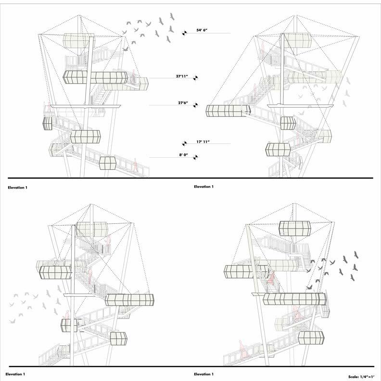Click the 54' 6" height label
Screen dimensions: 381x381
pyautogui.click(x=202, y=30)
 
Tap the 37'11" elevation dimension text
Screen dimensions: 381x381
pyautogui.click(x=182, y=76)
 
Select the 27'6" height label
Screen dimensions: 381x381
pyautogui.click(x=183, y=103)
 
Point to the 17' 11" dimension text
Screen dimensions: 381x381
pyautogui.click(x=203, y=141)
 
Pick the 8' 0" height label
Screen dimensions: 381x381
pyautogui.click(x=183, y=155)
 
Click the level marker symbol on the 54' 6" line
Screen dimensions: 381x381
pyautogui.click(x=185, y=33)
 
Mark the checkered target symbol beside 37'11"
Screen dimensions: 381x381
pyautogui.click(x=195, y=78)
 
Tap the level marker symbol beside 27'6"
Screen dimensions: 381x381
pyautogui.click(x=195, y=105)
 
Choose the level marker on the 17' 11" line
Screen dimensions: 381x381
pyautogui.click(x=184, y=144)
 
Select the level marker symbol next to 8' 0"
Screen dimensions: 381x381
pyautogui.click(x=195, y=157)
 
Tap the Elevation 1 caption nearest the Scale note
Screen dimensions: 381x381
pyautogui.click(x=203, y=374)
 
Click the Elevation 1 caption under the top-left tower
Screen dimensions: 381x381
pyautogui.click(x=17, y=188)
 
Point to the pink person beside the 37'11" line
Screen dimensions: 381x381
pyautogui.click(x=133, y=76)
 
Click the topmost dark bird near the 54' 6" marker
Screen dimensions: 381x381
pyautogui.click(x=172, y=17)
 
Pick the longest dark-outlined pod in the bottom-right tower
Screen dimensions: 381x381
pyautogui.click(x=294, y=299)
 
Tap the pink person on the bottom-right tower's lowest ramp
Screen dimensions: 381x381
pyautogui.click(x=242, y=349)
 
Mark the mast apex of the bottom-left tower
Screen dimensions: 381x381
pyautogui.click(x=90, y=204)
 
